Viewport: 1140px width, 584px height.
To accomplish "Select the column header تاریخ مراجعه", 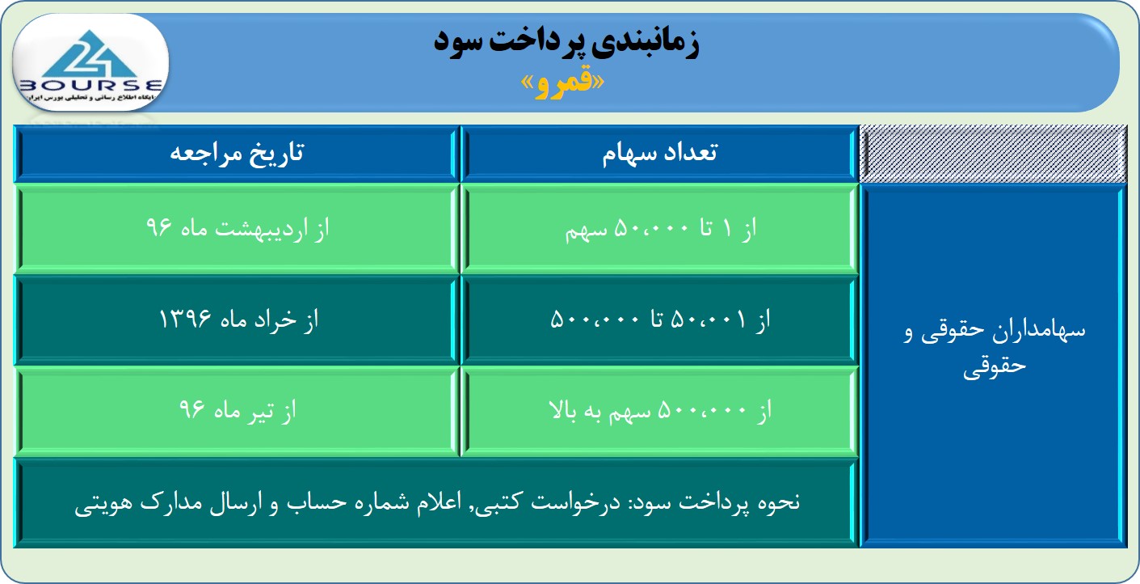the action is click(x=237, y=153).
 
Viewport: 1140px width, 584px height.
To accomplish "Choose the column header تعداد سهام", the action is click(x=659, y=153).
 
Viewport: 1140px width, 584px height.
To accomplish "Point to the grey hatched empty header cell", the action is click(x=993, y=153).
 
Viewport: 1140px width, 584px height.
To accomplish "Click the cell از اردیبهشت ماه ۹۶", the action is click(x=237, y=228).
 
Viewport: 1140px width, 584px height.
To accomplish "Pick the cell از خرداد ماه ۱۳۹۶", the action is click(x=237, y=320).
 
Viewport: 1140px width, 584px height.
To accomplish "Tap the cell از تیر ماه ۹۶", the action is click(x=237, y=411).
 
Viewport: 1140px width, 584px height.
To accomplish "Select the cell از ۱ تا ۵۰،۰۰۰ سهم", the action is click(x=659, y=228).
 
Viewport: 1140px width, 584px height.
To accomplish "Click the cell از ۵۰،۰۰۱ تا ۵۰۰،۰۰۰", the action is click(x=659, y=320).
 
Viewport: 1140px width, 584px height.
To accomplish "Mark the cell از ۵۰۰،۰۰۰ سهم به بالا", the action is click(x=659, y=411).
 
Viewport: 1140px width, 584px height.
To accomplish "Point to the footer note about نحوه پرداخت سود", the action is click(x=436, y=503).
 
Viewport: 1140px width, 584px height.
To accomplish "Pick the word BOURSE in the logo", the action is click(x=90, y=85).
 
